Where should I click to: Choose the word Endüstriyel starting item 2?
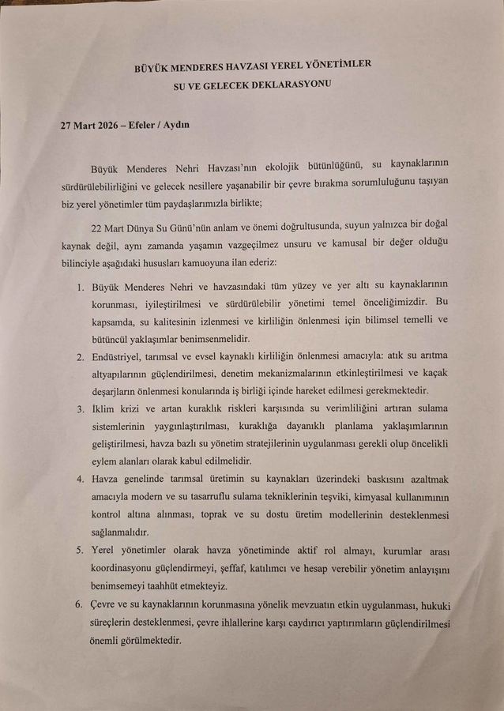tap(123, 357)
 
